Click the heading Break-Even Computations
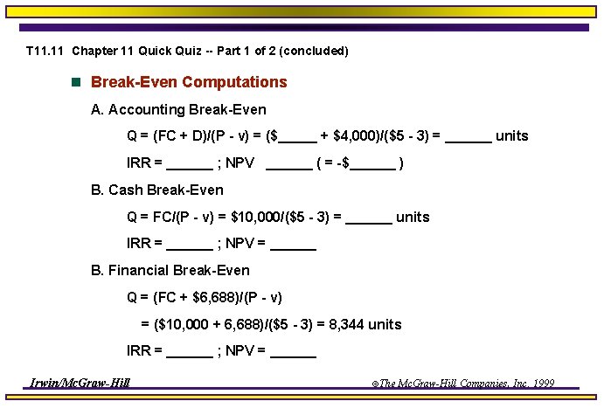click(189, 82)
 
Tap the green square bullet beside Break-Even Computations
click(75, 82)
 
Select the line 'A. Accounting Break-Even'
click(178, 110)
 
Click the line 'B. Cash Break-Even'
click(157, 190)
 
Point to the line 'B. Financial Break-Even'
click(170, 270)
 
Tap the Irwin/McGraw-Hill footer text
click(80, 383)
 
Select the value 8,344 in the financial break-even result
click(346, 324)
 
